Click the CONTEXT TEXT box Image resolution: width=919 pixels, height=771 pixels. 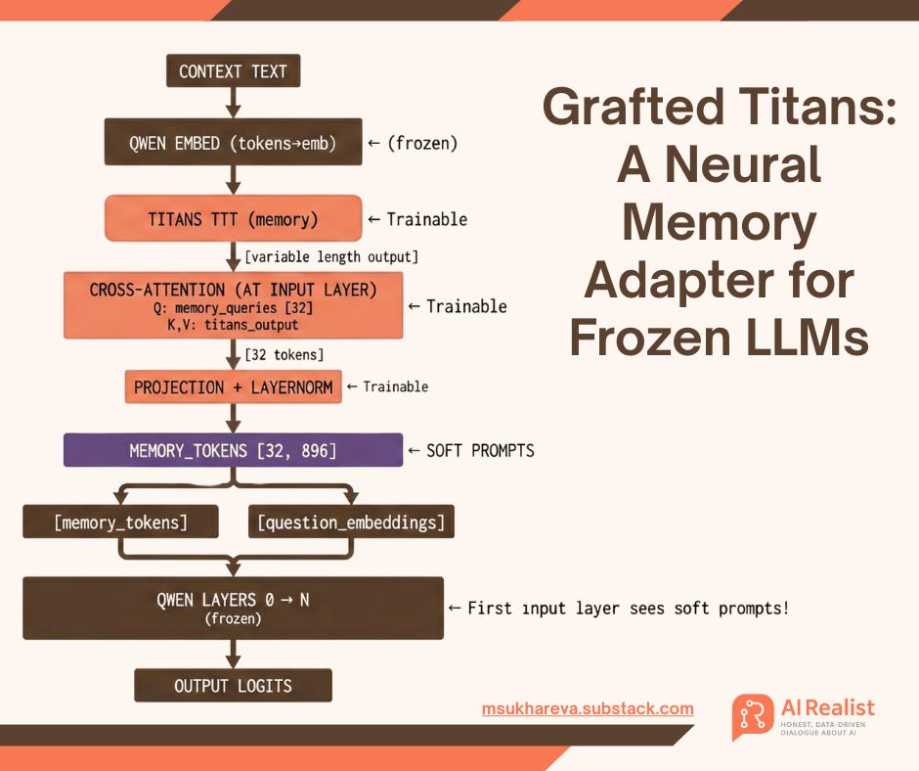point(233,71)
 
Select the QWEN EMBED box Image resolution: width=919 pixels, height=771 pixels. point(233,143)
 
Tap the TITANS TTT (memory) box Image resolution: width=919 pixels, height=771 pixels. point(233,219)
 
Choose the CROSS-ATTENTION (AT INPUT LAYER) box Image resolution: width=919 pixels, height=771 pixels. point(233,305)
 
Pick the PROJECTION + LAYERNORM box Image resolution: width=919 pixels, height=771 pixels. point(233,386)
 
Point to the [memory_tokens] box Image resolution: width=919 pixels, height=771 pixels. point(119,522)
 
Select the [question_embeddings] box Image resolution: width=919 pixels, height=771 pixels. point(350,522)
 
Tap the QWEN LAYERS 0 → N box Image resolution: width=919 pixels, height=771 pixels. point(233,607)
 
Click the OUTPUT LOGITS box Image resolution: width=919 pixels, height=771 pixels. point(233,685)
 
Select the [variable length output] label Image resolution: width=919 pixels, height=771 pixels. point(331,257)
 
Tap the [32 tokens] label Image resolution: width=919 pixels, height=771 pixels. point(284,353)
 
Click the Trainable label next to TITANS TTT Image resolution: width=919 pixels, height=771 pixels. point(417,219)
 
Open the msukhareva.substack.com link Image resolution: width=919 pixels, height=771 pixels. point(588,708)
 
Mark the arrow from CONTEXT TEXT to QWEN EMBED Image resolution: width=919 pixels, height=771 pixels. point(233,102)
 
